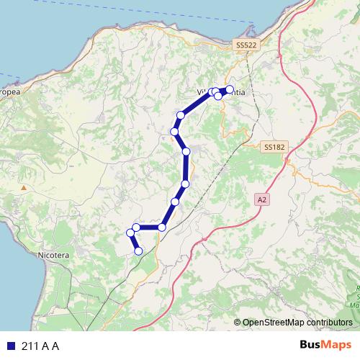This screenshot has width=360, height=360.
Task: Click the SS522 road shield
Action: point(246,45)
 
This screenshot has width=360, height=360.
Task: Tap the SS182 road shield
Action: point(274,146)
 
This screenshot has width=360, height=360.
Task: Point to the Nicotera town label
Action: point(53,255)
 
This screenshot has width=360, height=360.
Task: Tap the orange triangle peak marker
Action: point(24,188)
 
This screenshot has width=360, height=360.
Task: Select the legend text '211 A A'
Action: point(40,346)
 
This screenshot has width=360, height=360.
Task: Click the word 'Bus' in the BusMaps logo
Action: point(311,345)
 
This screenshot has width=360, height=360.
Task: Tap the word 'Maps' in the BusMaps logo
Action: point(336,345)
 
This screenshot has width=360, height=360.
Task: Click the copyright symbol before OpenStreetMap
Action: point(237,323)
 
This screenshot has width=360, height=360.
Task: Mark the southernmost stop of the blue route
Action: point(138,251)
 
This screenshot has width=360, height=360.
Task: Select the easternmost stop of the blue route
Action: point(230,89)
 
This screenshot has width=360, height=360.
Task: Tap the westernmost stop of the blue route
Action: point(130,233)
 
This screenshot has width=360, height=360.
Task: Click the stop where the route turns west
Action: point(162,228)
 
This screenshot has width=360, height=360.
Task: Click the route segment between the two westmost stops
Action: point(133,230)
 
